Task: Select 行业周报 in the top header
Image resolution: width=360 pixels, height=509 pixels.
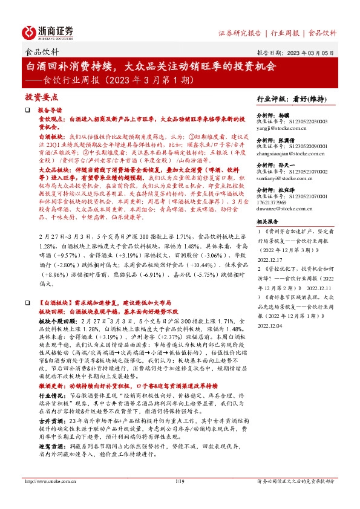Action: pyautogui.click(x=285, y=33)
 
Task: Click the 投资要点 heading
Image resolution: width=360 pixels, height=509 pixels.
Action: pyautogui.click(x=41, y=97)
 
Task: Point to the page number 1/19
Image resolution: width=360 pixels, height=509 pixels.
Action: pyautogui.click(x=180, y=499)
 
